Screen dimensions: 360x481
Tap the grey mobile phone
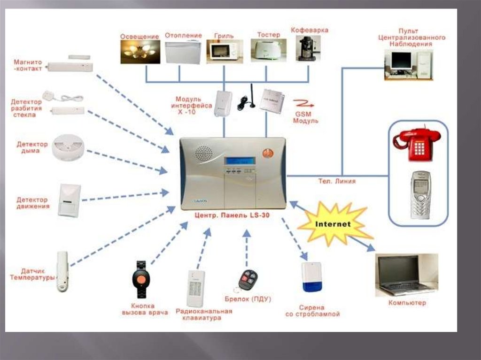click(420, 194)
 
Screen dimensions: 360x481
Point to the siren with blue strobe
click(312, 277)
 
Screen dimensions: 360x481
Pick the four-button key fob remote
click(247, 280)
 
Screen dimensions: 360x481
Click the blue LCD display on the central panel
click(240, 161)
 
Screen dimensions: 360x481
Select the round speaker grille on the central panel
click(204, 153)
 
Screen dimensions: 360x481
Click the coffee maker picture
click(308, 49)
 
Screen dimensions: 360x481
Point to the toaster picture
click(266, 49)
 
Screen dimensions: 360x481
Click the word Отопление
click(183, 36)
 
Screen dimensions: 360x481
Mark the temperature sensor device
click(62, 272)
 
